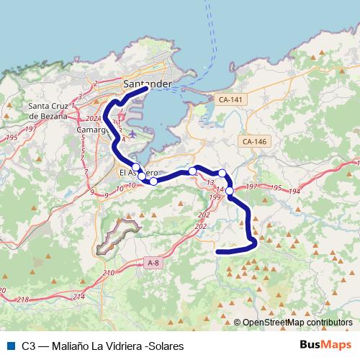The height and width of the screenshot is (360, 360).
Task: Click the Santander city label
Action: click(x=148, y=84)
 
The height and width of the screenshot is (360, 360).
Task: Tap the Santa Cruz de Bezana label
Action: click(x=51, y=112)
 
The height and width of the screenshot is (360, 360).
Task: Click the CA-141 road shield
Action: click(x=231, y=99)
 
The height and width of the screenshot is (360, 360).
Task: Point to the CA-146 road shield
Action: click(x=255, y=141)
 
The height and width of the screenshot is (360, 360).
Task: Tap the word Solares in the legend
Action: click(x=167, y=346)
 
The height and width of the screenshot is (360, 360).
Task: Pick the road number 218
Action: click(x=23, y=300)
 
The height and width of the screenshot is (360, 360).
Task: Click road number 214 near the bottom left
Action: click(x=78, y=297)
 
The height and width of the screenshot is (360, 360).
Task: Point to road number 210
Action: click(x=109, y=273)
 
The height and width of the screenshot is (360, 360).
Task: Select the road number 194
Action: click(x=295, y=190)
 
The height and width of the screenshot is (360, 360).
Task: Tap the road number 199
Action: click(x=214, y=197)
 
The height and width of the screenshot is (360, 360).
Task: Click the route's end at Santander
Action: click(x=146, y=90)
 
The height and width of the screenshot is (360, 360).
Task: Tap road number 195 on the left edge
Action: click(x=10, y=138)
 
